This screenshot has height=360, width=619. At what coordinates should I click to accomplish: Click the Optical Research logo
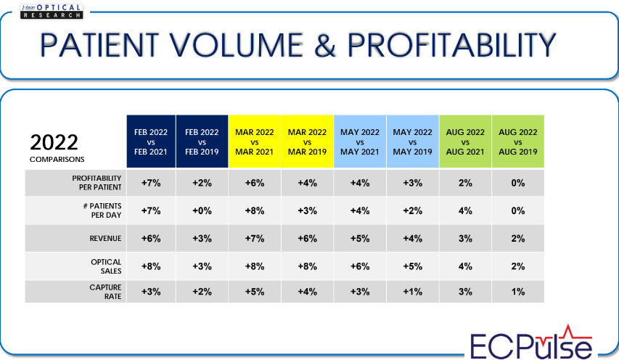tap(52, 12)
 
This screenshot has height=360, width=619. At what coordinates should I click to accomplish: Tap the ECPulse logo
tap(531, 343)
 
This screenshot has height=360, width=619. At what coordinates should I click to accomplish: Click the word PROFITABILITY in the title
tap(451, 46)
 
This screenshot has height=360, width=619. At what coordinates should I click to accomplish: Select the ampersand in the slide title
tap(325, 46)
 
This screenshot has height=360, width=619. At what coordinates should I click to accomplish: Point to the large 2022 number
tap(54, 142)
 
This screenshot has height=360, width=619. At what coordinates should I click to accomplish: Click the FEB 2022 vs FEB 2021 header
tap(151, 142)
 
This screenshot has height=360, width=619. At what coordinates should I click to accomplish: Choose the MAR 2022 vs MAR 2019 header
tap(307, 142)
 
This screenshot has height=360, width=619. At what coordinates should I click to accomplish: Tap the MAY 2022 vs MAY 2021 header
tap(360, 142)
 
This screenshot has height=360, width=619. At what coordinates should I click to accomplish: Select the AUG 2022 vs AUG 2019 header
tap(518, 142)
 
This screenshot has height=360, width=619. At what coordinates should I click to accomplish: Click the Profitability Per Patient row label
tap(97, 183)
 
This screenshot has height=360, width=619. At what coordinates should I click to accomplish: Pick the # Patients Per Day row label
tap(102, 210)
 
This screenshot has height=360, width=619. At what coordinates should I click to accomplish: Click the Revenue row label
tap(105, 238)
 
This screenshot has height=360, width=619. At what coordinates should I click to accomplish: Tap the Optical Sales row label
tap(106, 266)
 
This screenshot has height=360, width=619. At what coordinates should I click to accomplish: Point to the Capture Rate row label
tap(105, 292)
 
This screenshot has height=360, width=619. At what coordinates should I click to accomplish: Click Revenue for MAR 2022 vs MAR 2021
tap(255, 238)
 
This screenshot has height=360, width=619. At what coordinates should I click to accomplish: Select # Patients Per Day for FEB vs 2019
tap(202, 210)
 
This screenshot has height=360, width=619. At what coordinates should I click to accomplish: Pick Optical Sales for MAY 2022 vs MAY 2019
tap(412, 266)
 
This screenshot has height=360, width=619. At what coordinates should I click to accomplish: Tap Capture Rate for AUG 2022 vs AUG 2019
tap(518, 292)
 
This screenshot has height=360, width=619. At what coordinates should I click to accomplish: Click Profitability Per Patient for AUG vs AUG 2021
tap(465, 183)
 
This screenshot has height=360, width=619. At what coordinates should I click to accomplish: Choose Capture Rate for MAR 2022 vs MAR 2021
tap(255, 292)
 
